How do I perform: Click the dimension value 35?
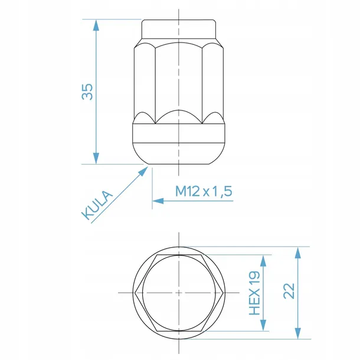[87, 91]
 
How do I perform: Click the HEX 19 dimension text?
[255, 293]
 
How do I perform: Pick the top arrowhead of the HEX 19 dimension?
[264, 261]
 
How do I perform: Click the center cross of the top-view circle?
[178, 293]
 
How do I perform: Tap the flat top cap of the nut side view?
[178, 28]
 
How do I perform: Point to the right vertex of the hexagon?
[218, 293]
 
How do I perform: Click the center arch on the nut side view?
[178, 112]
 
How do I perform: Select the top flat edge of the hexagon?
[178, 257]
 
